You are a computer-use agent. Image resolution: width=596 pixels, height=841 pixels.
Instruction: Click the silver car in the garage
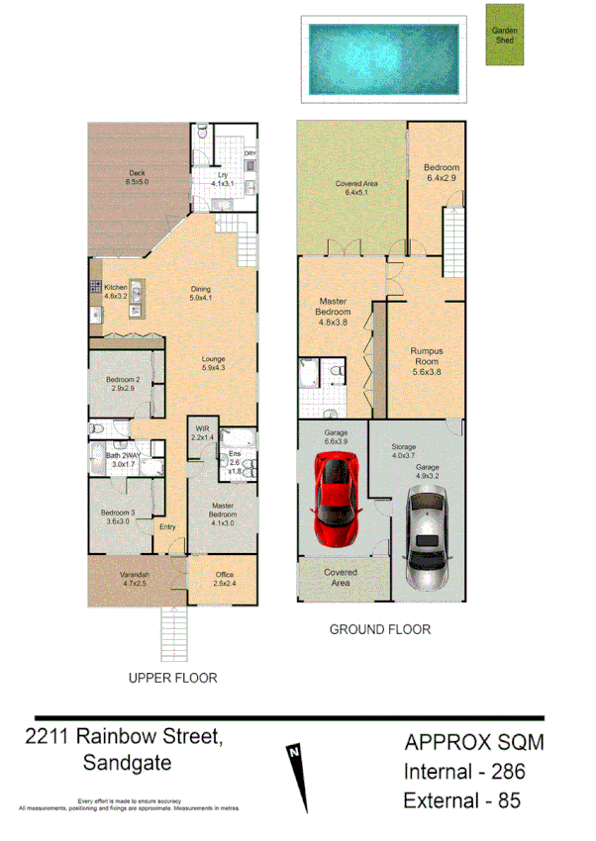pos(427,532)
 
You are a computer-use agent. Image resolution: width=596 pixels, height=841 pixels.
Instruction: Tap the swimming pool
pos(382,59)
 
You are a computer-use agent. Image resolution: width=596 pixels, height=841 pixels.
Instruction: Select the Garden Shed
pos(505,37)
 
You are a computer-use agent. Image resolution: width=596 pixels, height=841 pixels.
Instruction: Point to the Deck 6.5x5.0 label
pos(137,178)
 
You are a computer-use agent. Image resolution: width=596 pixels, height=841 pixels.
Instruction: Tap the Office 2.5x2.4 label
pos(223,579)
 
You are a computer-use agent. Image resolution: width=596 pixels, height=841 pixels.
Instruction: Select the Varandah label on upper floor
pos(134,579)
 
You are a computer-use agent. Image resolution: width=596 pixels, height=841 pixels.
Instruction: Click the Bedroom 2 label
pos(124,383)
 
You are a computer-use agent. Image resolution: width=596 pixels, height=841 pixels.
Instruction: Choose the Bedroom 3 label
pos(118,516)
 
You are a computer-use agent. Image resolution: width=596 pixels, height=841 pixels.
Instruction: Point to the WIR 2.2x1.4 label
pos(202,432)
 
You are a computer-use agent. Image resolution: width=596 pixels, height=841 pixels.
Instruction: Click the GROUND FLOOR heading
pos(379,629)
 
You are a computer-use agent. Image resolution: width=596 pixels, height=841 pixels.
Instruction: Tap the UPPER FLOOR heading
pos(172,679)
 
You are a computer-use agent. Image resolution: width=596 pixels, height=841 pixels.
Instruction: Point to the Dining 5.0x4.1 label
pos(202,294)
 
